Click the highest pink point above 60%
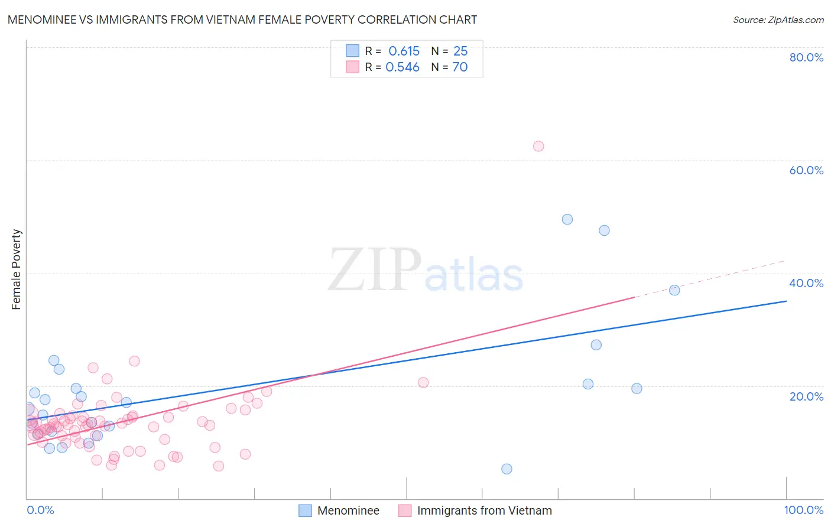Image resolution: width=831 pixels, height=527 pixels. [x=538, y=146]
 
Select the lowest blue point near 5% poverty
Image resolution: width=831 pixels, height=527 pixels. [x=507, y=469]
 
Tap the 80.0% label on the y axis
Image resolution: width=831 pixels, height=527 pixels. [x=806, y=57]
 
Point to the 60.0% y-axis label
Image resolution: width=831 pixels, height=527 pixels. [x=806, y=170]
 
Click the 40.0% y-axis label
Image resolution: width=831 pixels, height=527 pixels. [x=806, y=283]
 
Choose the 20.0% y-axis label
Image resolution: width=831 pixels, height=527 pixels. [x=806, y=396]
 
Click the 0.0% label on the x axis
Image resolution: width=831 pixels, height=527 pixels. [x=40, y=510]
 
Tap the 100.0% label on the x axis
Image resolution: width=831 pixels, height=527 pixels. [x=803, y=510]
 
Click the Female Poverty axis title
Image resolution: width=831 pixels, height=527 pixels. [x=17, y=269]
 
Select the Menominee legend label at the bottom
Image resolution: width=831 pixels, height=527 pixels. [x=348, y=510]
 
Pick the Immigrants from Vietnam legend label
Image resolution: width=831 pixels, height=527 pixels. [x=484, y=510]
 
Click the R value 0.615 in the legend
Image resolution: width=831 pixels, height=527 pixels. [x=404, y=51]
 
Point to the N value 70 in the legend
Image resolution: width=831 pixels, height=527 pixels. [x=460, y=67]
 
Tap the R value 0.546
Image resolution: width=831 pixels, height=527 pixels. [x=402, y=67]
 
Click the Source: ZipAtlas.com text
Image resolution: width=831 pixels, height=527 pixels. [x=778, y=20]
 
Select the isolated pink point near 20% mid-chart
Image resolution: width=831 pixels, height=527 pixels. [x=423, y=382]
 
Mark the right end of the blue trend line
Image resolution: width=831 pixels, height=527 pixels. [x=786, y=301]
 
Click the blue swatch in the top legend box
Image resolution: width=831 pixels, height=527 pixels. [x=352, y=51]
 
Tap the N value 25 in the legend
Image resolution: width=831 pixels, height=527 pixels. [x=460, y=51]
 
